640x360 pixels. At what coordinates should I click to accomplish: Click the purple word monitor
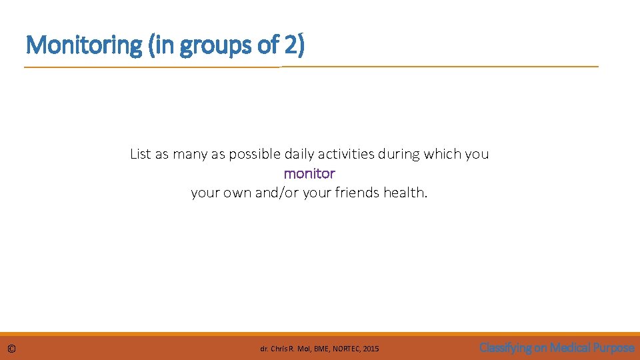point(309,173)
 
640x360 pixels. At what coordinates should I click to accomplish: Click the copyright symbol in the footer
point(12,349)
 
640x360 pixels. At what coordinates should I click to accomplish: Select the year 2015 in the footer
point(370,349)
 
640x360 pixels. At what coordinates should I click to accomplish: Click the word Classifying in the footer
point(505,347)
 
